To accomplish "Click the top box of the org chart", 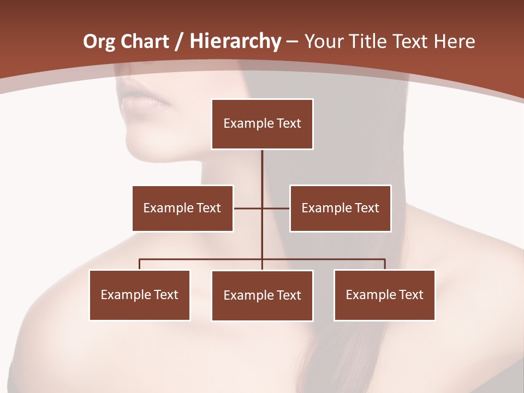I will pyautogui.click(x=262, y=124).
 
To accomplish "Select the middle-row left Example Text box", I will pyautogui.click(x=182, y=208).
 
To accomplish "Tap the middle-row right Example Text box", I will pyautogui.click(x=340, y=208).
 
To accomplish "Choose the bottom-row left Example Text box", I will pyautogui.click(x=140, y=295).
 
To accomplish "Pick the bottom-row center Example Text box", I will pyautogui.click(x=262, y=295).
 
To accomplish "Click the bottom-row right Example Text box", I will pyautogui.click(x=384, y=295).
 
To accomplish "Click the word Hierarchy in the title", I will pyautogui.click(x=235, y=41).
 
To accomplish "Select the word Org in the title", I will pyautogui.click(x=99, y=41).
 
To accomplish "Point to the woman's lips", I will pyautogui.click(x=143, y=102).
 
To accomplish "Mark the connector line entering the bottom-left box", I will pyautogui.click(x=140, y=264).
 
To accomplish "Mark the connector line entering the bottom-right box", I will pyautogui.click(x=384, y=264).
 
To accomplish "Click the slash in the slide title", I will pyautogui.click(x=178, y=41).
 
